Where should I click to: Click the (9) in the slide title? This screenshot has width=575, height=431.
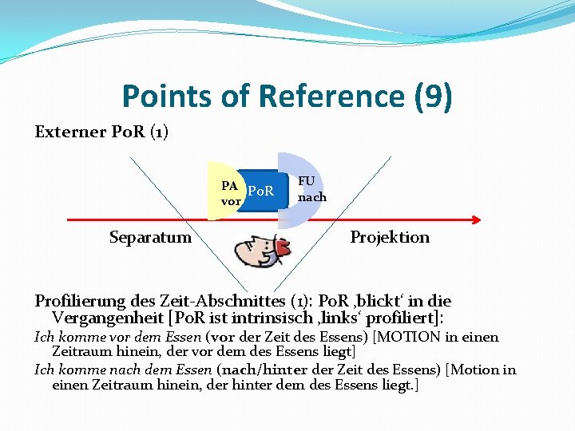point(433,97)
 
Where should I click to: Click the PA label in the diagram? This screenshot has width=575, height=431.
point(229,185)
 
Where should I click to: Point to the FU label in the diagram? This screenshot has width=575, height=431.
point(306,181)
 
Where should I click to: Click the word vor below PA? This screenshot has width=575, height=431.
point(231,201)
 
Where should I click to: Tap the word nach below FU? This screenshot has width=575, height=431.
point(311,197)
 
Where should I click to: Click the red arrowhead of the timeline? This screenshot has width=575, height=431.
point(476,220)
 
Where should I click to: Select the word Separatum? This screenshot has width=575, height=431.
point(150,237)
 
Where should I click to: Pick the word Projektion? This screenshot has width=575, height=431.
point(390,237)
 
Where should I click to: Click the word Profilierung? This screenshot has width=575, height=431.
point(81,301)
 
